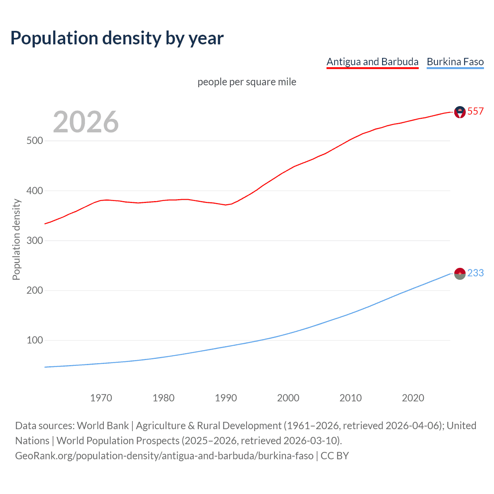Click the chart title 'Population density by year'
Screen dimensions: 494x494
[x=117, y=38]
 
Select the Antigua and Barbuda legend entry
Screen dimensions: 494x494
[x=372, y=62]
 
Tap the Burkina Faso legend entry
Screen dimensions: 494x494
[x=455, y=62]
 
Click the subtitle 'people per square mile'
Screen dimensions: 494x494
[x=247, y=82]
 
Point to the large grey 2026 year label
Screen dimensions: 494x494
[x=86, y=122]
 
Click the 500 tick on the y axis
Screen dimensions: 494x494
[x=35, y=141]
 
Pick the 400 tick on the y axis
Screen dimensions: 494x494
[x=35, y=191]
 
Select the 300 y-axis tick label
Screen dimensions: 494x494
[x=35, y=241]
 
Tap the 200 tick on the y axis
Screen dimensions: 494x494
[x=35, y=291]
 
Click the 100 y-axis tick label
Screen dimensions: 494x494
[x=35, y=340]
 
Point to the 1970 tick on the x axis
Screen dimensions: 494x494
[x=101, y=398]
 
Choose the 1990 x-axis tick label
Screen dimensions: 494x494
[x=226, y=398]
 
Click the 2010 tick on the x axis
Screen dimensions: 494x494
[x=350, y=398]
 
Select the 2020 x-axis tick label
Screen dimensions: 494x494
[x=413, y=398]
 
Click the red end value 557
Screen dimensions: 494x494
[x=475, y=112]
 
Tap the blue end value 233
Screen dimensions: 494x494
[x=475, y=273]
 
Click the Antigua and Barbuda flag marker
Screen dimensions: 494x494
[x=460, y=112]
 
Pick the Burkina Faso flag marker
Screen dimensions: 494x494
[x=460, y=274]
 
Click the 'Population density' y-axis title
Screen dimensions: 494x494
[x=16, y=239]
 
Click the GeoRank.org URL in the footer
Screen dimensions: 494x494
[x=164, y=456]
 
